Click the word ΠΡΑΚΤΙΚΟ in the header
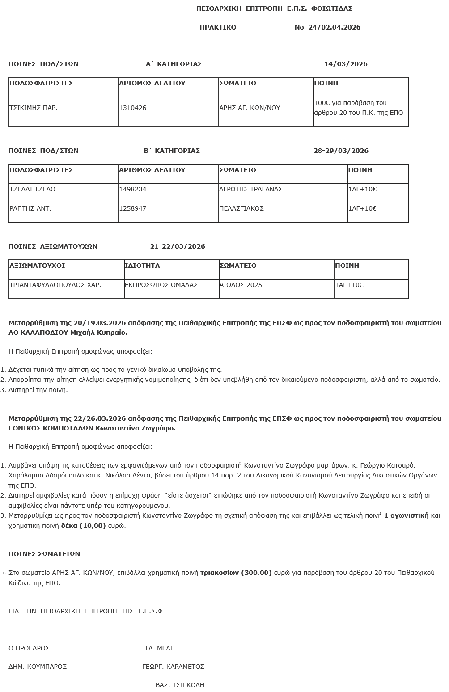tap(218, 27)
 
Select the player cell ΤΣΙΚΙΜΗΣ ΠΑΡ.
tap(34, 108)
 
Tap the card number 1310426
tap(133, 108)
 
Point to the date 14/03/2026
tap(346, 64)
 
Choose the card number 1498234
tap(133, 189)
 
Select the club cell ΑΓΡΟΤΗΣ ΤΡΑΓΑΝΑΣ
tap(251, 189)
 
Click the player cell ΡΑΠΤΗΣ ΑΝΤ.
tap(30, 208)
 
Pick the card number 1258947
tap(133, 208)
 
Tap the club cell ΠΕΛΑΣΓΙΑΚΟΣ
tap(241, 208)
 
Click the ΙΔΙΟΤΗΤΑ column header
tap(142, 266)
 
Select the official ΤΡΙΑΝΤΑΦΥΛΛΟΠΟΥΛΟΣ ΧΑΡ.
tap(55, 285)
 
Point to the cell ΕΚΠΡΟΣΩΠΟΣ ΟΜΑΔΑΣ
tap(161, 285)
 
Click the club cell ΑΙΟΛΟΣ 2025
tap(241, 285)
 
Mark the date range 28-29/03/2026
tap(341, 151)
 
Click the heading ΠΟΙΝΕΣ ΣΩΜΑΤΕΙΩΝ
tap(44, 554)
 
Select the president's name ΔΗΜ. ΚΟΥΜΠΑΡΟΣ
tap(38, 667)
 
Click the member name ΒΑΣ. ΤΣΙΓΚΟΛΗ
tap(180, 685)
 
